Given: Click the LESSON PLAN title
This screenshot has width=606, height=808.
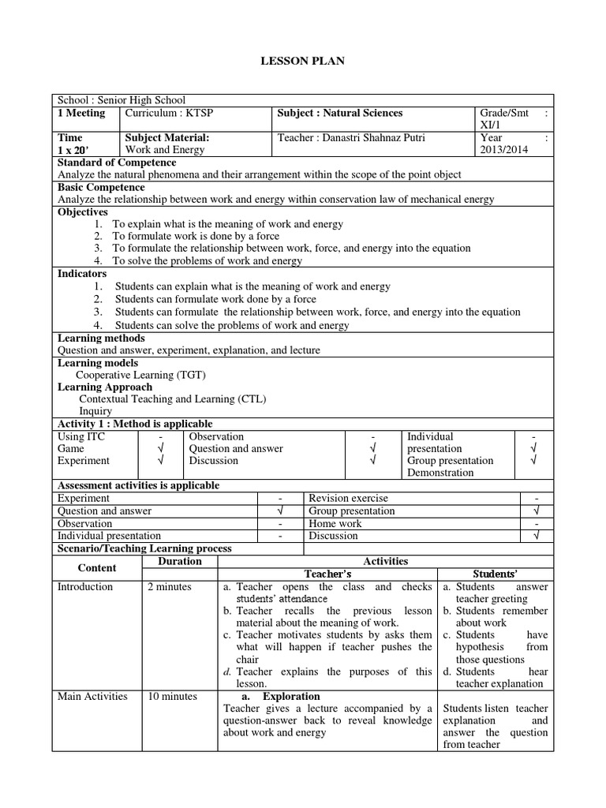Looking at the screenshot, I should click(x=303, y=62).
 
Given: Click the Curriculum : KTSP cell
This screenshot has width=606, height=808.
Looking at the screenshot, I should click(x=170, y=113).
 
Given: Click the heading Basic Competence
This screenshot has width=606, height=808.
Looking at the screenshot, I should click(x=102, y=187).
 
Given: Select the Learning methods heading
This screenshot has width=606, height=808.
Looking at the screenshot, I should click(x=102, y=338).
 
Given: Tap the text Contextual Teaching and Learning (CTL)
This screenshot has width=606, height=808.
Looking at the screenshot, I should click(x=172, y=399).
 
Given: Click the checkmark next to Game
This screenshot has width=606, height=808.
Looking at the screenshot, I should click(x=160, y=449).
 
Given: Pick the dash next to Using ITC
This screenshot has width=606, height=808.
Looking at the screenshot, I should click(x=160, y=436).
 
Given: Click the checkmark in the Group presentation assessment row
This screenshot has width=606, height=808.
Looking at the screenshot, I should click(x=536, y=511).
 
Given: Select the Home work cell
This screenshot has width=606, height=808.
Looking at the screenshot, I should click(x=335, y=523).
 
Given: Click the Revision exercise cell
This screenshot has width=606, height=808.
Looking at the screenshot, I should click(x=348, y=499).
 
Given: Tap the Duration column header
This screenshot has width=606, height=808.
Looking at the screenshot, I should click(x=180, y=561).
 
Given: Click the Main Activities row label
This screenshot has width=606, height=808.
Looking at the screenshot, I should click(x=92, y=697).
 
